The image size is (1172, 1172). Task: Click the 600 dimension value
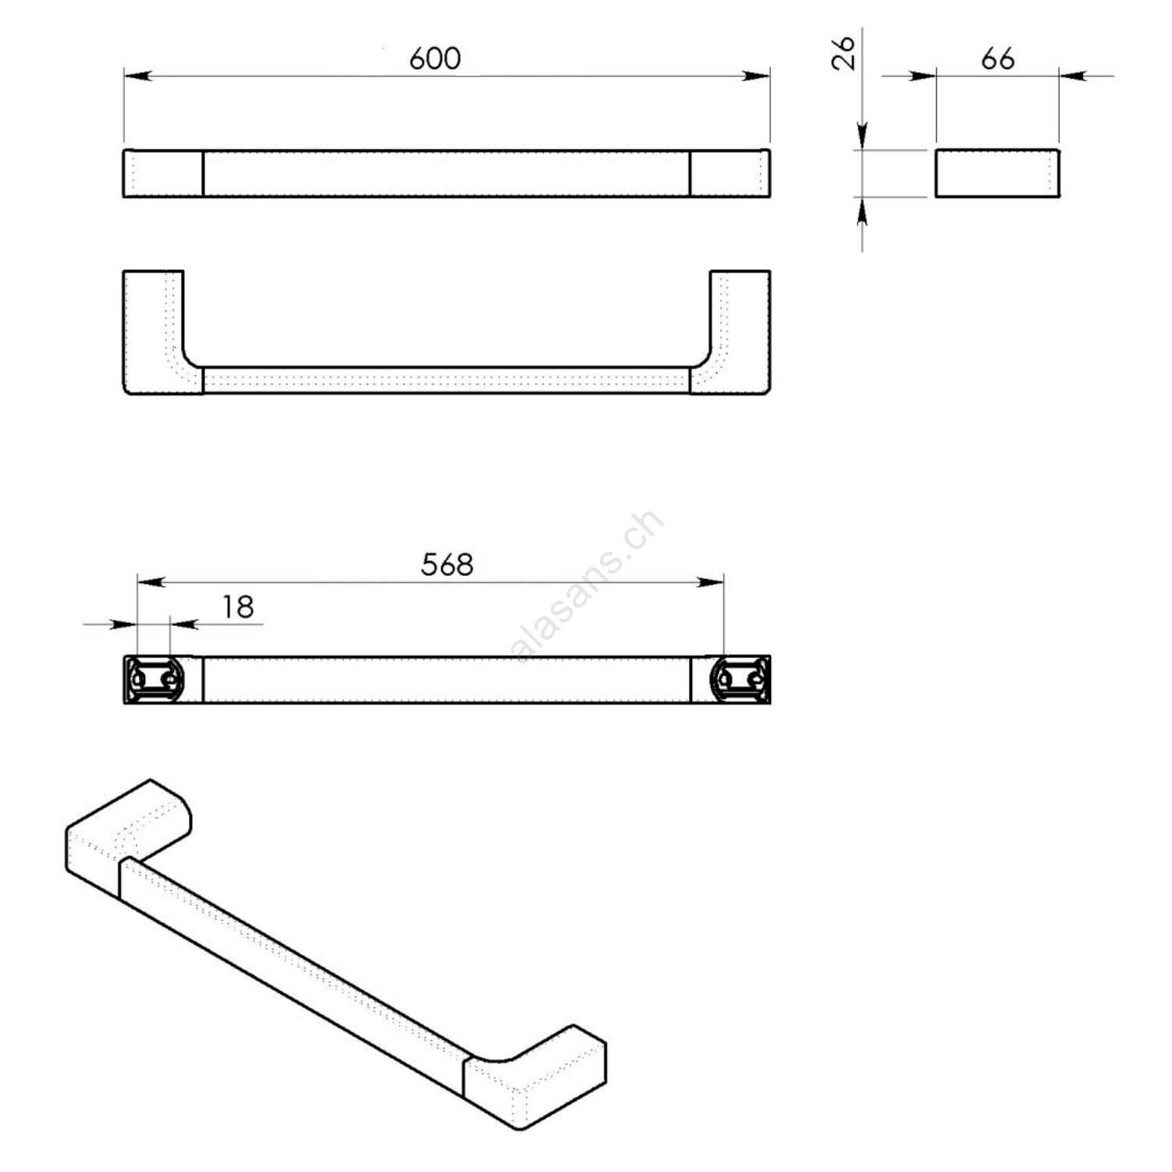pos(435,59)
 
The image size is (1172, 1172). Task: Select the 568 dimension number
pos(447,564)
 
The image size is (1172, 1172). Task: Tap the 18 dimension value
pos(238,607)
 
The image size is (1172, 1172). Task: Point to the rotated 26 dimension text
pos(844,53)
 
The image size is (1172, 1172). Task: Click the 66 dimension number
pos(998,59)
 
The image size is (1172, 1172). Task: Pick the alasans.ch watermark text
pos(588,586)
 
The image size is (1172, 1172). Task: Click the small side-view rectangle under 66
pos(997,173)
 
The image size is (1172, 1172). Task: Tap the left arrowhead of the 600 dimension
pos(137,76)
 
